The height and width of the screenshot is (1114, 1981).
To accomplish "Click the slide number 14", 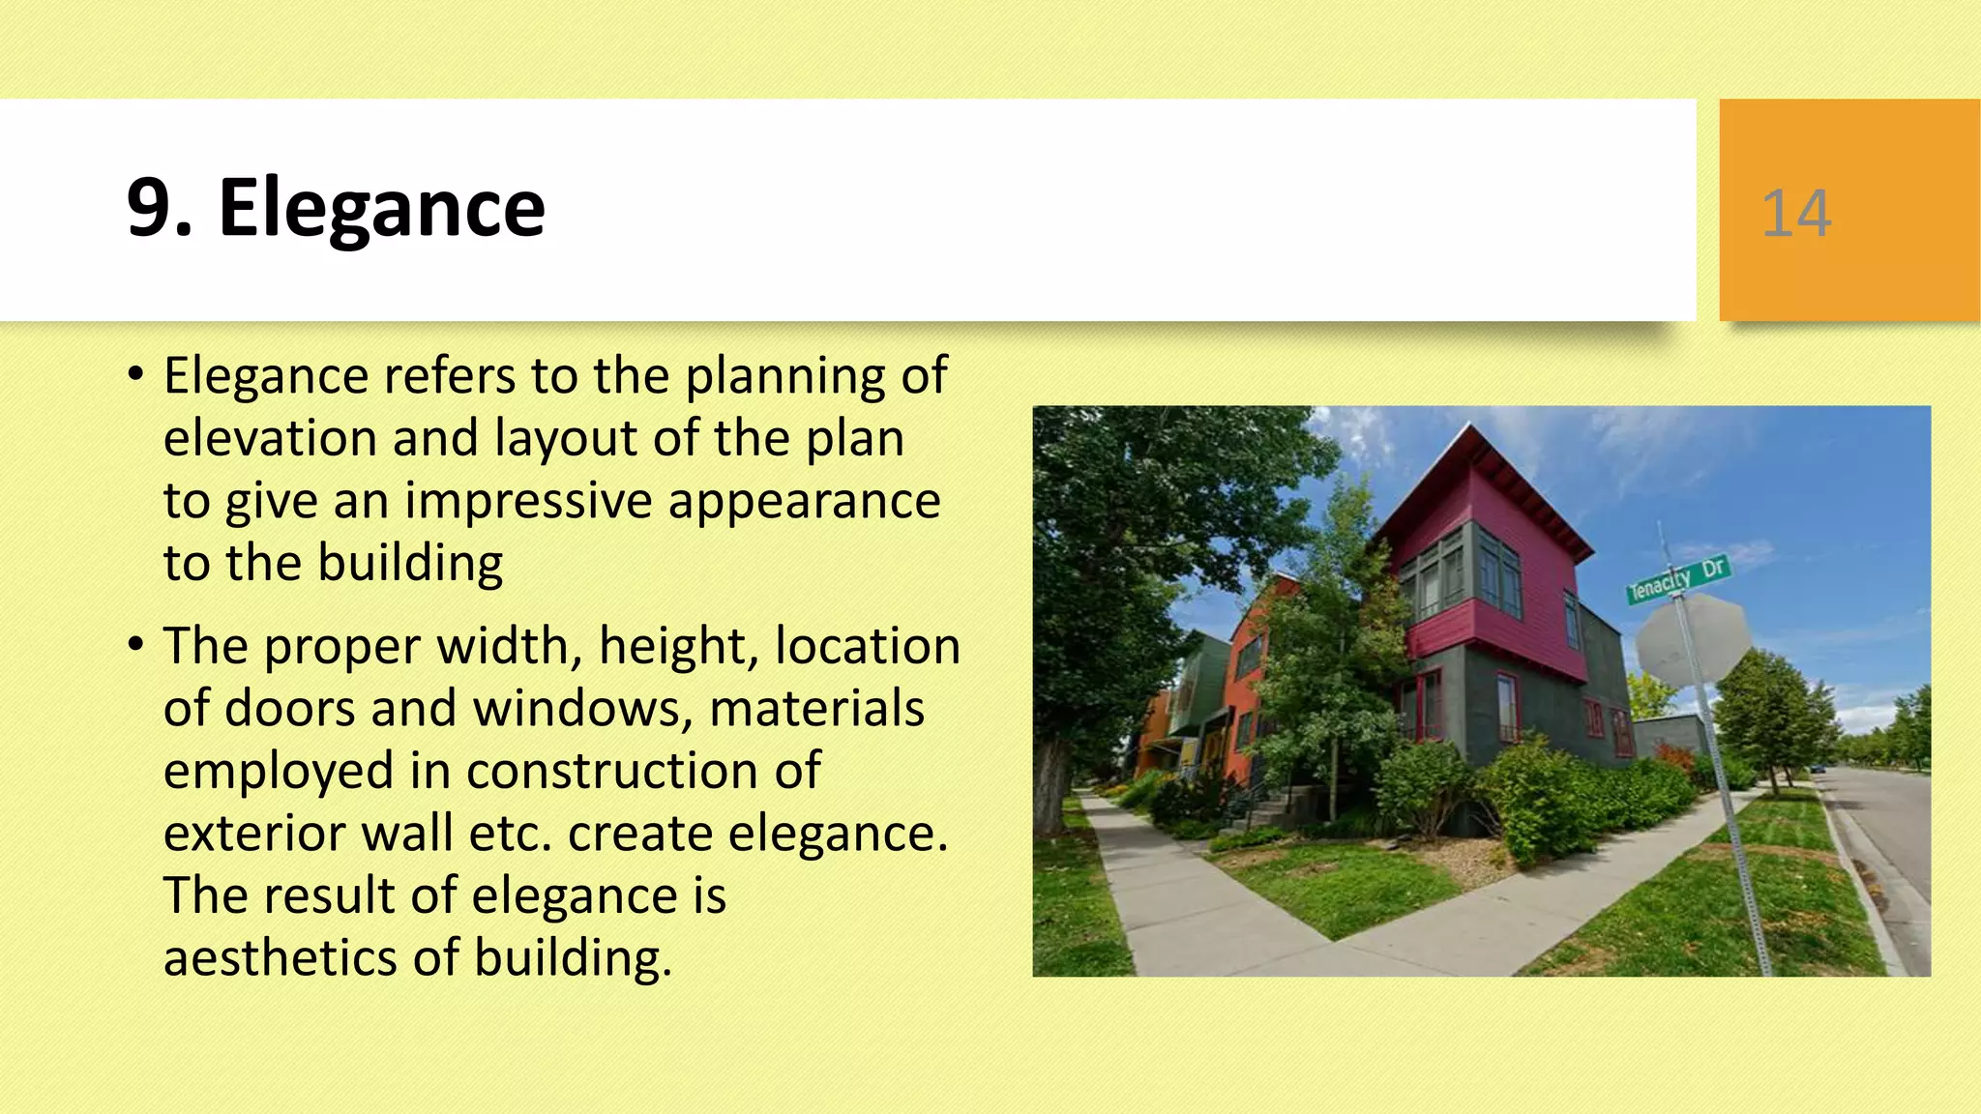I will pyautogui.click(x=1796, y=214).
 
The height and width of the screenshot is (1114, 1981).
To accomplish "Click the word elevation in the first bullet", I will pyautogui.click(x=269, y=438).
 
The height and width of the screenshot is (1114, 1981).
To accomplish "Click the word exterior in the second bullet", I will pyautogui.click(x=252, y=834).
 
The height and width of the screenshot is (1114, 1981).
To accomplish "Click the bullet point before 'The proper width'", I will pyautogui.click(x=136, y=644).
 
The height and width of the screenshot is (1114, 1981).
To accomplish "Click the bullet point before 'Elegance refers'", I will pyautogui.click(x=136, y=373).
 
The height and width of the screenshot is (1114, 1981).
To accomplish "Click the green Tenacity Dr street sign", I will pyautogui.click(x=1677, y=579).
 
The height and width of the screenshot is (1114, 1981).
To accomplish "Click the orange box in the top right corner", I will pyautogui.click(x=1848, y=210).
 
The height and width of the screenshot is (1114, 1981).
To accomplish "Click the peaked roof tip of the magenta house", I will pyautogui.click(x=1472, y=425).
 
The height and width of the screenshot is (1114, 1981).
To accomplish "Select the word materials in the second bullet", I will pyautogui.click(x=816, y=709).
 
